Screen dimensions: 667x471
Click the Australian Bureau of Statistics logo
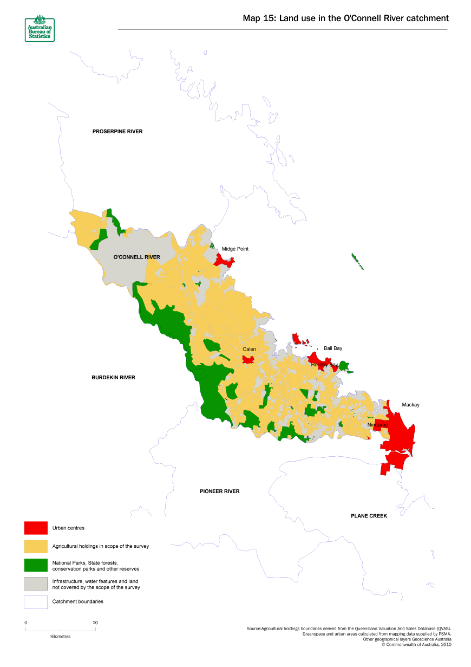pyautogui.click(x=39, y=29)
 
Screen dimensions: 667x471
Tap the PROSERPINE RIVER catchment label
pyautogui.click(x=117, y=131)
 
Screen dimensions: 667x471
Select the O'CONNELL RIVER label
pyautogui.click(x=136, y=257)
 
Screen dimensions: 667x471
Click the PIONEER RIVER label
pyautogui.click(x=219, y=491)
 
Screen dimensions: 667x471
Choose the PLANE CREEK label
pyautogui.click(x=369, y=516)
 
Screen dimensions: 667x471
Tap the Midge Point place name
pyautogui.click(x=235, y=249)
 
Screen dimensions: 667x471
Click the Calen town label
pyautogui.click(x=249, y=349)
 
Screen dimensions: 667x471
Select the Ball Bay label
pyautogui.click(x=333, y=348)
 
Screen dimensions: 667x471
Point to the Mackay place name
pyautogui.click(x=410, y=405)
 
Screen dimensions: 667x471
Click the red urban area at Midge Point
pyautogui.click(x=224, y=261)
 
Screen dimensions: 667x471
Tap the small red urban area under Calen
pyautogui.click(x=249, y=359)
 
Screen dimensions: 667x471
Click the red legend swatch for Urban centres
pyautogui.click(x=36, y=528)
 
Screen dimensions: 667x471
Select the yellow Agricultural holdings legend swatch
pyautogui.click(x=36, y=546)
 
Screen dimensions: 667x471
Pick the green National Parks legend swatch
pyautogui.click(x=36, y=565)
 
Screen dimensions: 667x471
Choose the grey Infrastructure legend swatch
pyautogui.click(x=36, y=584)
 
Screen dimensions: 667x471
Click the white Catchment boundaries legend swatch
pyautogui.click(x=36, y=602)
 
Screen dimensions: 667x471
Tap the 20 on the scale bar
pyautogui.click(x=95, y=623)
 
